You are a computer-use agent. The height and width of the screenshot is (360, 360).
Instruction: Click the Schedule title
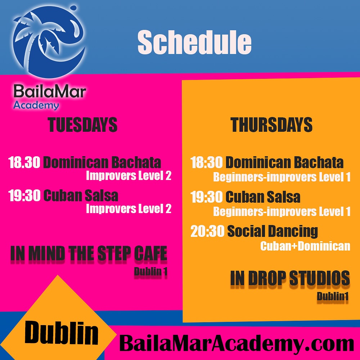click(x=194, y=42)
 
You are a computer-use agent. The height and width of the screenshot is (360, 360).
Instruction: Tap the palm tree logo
click(x=49, y=41)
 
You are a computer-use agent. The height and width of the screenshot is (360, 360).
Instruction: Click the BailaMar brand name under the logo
click(x=50, y=91)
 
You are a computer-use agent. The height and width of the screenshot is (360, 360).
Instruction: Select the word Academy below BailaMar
click(x=36, y=105)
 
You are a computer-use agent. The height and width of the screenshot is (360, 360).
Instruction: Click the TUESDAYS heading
click(x=82, y=125)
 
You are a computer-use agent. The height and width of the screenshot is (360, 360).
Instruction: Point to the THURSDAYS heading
click(x=271, y=125)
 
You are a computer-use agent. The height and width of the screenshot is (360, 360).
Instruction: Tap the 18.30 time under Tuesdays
click(x=24, y=162)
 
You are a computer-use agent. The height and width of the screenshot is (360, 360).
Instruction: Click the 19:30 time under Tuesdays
click(x=24, y=195)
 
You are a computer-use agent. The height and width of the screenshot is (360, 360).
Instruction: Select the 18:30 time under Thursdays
click(x=206, y=162)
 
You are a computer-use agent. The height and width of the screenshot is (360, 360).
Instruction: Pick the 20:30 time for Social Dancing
click(x=207, y=231)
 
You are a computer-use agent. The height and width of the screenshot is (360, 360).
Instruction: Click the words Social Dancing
click(x=273, y=231)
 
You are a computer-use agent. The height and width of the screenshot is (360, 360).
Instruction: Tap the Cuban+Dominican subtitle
click(x=305, y=246)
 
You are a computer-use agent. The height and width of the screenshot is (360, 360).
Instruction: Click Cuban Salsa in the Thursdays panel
click(x=263, y=197)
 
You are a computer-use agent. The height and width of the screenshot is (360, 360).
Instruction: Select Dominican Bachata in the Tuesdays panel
click(x=102, y=162)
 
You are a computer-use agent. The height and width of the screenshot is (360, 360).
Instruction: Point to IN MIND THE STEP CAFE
click(x=89, y=253)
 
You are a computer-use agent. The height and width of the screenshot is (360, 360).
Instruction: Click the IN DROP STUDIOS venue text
click(x=290, y=278)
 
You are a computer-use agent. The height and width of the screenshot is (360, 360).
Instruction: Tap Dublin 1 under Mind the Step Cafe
click(x=150, y=271)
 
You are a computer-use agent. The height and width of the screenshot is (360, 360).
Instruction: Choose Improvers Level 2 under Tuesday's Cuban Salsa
click(x=129, y=209)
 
